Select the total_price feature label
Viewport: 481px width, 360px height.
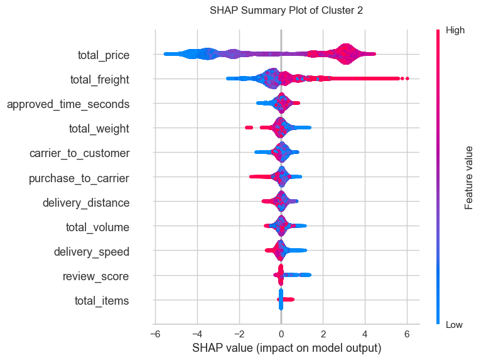coord(103,55)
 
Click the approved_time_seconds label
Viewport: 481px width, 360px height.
coord(68,104)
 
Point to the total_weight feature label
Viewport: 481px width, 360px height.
coord(99,129)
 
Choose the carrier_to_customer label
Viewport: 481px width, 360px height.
coord(79,153)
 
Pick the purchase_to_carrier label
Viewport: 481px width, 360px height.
coord(79,178)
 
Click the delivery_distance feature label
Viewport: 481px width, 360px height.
coord(86,203)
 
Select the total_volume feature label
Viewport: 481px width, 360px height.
coord(97,227)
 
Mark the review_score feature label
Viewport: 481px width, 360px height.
coord(96,276)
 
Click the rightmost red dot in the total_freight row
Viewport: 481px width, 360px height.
coord(408,79)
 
